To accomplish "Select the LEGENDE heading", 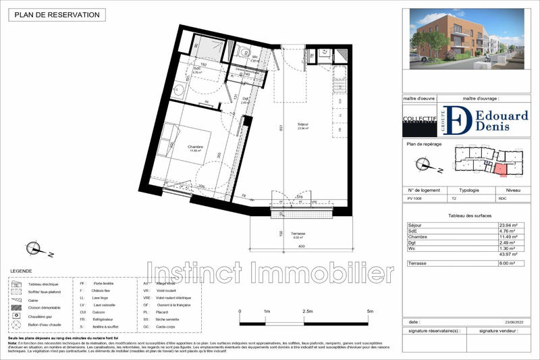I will tap(21, 269).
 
